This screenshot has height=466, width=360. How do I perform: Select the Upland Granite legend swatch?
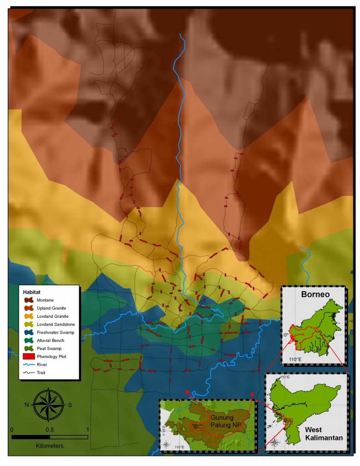click(x=29, y=308)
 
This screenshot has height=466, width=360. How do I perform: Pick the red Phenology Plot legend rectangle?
click(x=29, y=356)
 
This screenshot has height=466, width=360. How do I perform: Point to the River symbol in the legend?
click(x=29, y=365)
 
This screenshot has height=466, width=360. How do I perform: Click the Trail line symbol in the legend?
click(x=29, y=373)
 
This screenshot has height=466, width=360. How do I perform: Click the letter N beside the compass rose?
click(x=27, y=405)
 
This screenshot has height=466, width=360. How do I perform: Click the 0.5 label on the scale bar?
click(x=49, y=430)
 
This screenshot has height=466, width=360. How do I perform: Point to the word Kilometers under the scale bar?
click(x=49, y=446)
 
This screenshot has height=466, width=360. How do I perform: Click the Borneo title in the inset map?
click(x=315, y=294)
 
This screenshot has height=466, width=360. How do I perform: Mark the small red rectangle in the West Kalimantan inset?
click(x=288, y=421)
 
